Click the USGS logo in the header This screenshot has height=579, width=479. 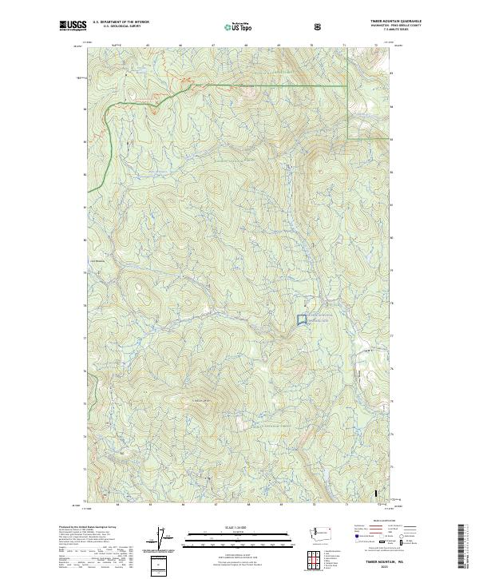pyautogui.click(x=73, y=26)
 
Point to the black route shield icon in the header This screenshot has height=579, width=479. pyautogui.click(x=318, y=26)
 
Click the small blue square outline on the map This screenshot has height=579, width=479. pyautogui.click(x=303, y=319)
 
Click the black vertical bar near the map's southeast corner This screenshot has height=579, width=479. pyautogui.click(x=376, y=495)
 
